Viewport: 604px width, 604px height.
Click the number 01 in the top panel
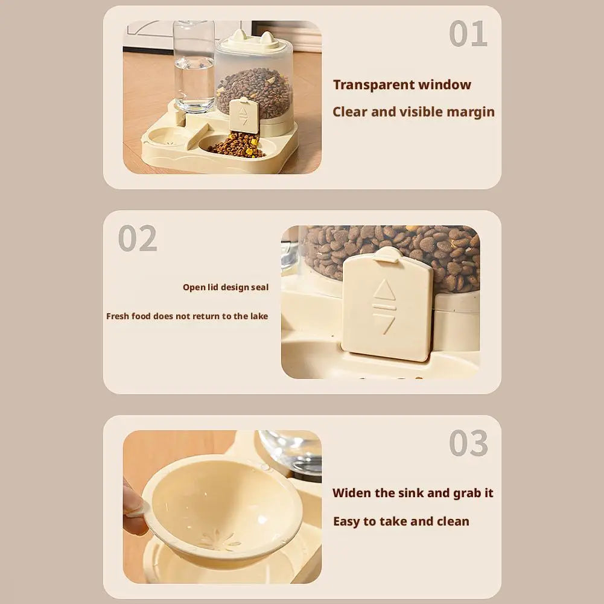point(468,34)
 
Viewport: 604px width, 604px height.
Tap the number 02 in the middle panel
point(138,238)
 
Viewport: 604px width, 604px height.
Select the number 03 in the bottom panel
point(468,444)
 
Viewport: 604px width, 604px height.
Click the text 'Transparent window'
point(402,85)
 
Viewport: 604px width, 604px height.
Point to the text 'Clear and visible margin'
point(413,112)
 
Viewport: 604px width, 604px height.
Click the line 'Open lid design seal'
point(226,287)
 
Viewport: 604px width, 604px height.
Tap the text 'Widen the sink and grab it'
point(413,493)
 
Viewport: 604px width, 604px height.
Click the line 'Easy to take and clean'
point(401,521)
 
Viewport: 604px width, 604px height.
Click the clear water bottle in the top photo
point(194,66)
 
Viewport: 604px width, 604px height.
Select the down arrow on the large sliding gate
point(384,323)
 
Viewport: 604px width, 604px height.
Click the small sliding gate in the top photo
point(244,115)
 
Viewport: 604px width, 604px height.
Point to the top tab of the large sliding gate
point(389,254)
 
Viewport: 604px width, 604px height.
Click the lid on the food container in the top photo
point(253,42)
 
